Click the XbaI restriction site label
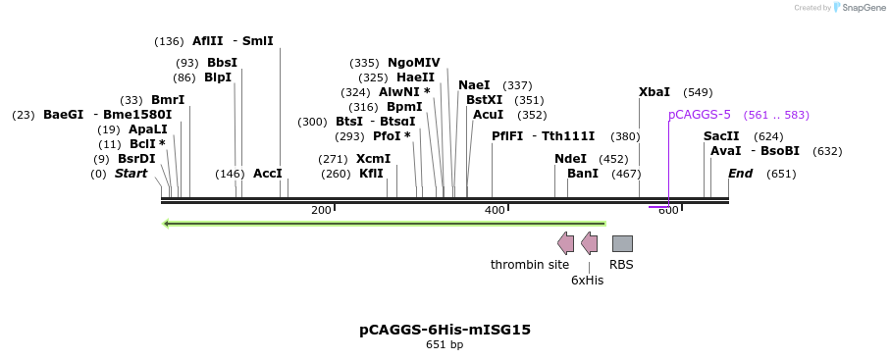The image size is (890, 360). click(x=654, y=92)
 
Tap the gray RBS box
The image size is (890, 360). click(x=622, y=243)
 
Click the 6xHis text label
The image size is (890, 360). click(x=588, y=280)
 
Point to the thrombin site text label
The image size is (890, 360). click(x=530, y=265)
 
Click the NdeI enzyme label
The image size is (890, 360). click(x=570, y=159)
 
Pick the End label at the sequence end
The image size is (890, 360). click(x=741, y=174)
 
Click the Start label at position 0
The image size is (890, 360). click(x=131, y=174)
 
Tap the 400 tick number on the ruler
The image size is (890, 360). click(x=495, y=211)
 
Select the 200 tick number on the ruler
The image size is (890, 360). click(x=321, y=211)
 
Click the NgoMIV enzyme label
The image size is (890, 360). click(x=414, y=63)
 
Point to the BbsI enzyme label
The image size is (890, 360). click(x=222, y=63)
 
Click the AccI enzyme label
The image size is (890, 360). click(x=267, y=174)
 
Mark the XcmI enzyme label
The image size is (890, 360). click(x=374, y=159)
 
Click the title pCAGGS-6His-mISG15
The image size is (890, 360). click(x=445, y=330)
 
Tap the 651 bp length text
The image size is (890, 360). click(x=445, y=344)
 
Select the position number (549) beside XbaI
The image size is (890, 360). click(x=698, y=92)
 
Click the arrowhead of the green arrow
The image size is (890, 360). click(x=166, y=224)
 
